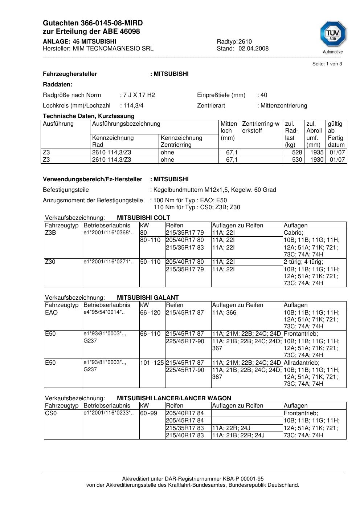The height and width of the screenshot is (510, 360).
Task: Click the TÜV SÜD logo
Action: click(x=333, y=35)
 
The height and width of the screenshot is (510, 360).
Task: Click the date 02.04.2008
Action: click(x=253, y=49)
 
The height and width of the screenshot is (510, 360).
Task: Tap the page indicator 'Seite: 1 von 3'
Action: click(x=327, y=64)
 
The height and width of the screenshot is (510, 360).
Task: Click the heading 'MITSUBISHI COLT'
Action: click(x=143, y=218)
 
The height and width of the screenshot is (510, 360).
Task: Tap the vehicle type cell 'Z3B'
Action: click(x=50, y=233)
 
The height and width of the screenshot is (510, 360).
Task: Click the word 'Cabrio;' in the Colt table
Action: click(x=294, y=233)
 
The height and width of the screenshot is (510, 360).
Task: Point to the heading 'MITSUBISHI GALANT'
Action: click(x=148, y=297)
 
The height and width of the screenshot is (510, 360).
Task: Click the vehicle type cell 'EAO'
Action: click(x=51, y=313)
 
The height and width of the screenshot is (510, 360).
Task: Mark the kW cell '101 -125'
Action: click(x=152, y=363)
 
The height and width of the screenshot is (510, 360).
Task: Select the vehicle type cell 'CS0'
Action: click(x=51, y=413)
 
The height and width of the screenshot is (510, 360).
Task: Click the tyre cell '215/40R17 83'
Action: click(x=185, y=435)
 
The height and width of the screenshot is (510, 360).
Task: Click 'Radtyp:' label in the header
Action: click(x=227, y=42)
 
